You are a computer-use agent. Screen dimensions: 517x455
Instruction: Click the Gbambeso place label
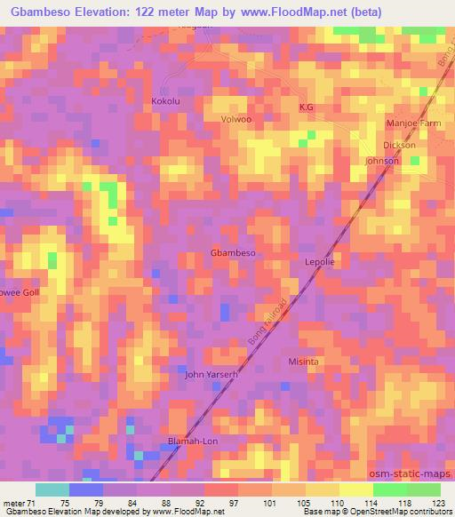pos(233,253)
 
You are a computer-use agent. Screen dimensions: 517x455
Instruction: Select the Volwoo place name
pos(238,118)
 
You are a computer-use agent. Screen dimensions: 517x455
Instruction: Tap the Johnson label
pos(382,161)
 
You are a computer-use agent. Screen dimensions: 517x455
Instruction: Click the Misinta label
pos(304,362)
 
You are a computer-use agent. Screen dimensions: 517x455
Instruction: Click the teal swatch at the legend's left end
pos(52,489)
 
